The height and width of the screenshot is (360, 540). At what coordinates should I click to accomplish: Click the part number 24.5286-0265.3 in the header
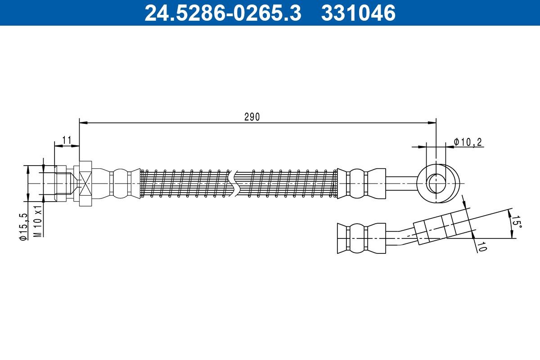click(222, 13)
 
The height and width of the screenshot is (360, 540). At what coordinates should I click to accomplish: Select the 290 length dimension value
click(252, 117)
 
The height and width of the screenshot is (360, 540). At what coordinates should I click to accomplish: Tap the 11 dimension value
click(67, 140)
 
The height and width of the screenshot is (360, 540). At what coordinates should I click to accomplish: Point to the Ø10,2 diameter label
click(468, 142)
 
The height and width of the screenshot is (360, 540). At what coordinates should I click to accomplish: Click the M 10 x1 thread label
click(39, 221)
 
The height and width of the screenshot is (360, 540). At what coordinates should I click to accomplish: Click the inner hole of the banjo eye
click(436, 184)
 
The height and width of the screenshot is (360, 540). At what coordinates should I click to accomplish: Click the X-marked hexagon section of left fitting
click(85, 184)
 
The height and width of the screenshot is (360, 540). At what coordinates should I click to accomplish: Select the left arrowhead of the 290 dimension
click(82, 122)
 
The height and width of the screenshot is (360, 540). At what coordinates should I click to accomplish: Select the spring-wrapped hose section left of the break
click(184, 184)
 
